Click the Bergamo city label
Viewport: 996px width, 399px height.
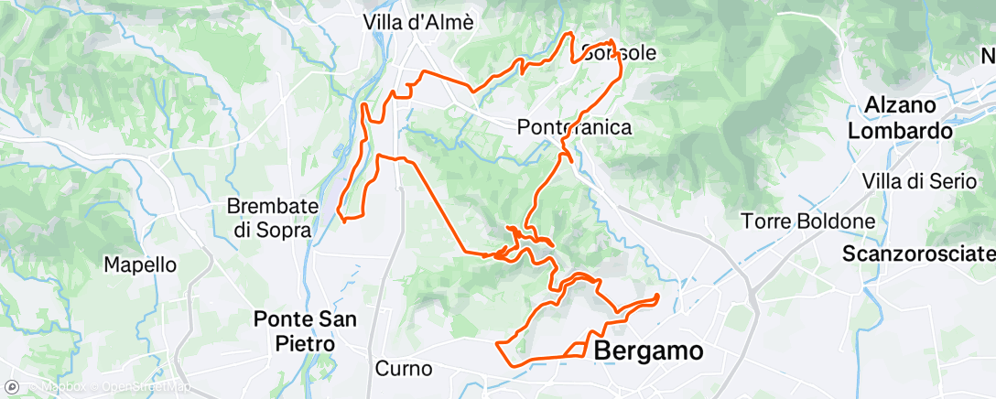click(x=649, y=350)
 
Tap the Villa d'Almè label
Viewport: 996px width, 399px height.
click(x=418, y=23)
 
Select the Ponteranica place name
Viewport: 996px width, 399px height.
click(x=575, y=127)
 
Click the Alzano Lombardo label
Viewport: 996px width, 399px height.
click(x=901, y=117)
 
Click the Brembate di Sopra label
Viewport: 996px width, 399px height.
click(x=272, y=218)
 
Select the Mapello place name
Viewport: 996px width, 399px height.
click(x=139, y=264)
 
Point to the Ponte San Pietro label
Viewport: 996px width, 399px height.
click(x=306, y=331)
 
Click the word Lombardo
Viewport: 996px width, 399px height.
click(x=901, y=131)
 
